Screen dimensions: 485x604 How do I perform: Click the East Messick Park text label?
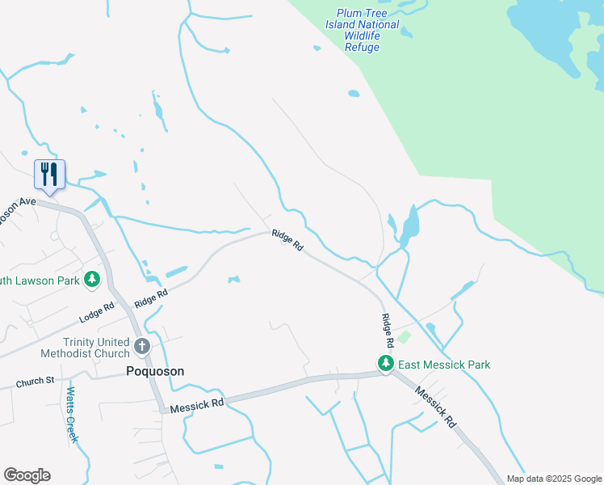point(444,365)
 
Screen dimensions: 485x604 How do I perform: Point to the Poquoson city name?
point(155,371)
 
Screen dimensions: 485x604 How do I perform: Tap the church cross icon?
point(142,348)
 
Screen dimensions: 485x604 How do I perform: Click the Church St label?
point(34,380)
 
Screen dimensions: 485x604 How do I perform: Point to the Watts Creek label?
point(71,415)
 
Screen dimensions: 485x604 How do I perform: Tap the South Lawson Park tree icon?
point(93,280)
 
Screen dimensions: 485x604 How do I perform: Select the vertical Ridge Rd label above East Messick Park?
point(387,326)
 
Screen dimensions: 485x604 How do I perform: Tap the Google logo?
point(27,475)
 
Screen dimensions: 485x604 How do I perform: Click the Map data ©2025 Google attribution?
point(554,479)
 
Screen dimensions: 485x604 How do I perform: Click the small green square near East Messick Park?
point(405,337)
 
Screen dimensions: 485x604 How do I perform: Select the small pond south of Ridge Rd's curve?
point(233,280)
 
